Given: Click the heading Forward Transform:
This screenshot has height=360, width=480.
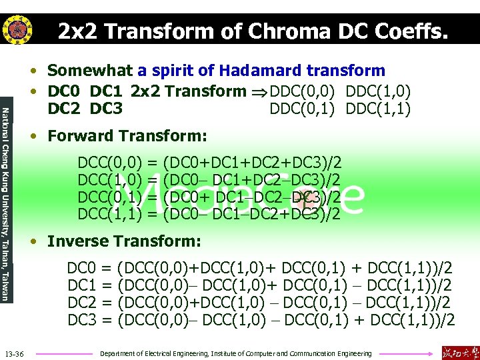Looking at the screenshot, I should (127, 136).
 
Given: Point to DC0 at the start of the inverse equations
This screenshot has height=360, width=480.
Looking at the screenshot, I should (82, 269).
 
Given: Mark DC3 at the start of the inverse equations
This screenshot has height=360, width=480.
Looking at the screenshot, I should (82, 321).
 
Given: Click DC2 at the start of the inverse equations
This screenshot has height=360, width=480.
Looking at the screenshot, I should (82, 303).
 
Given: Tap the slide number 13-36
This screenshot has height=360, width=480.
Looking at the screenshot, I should (14, 353).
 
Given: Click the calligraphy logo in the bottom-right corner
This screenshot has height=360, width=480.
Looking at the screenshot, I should (459, 351).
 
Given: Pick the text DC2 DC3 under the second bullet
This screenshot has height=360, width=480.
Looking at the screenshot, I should (85, 108).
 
